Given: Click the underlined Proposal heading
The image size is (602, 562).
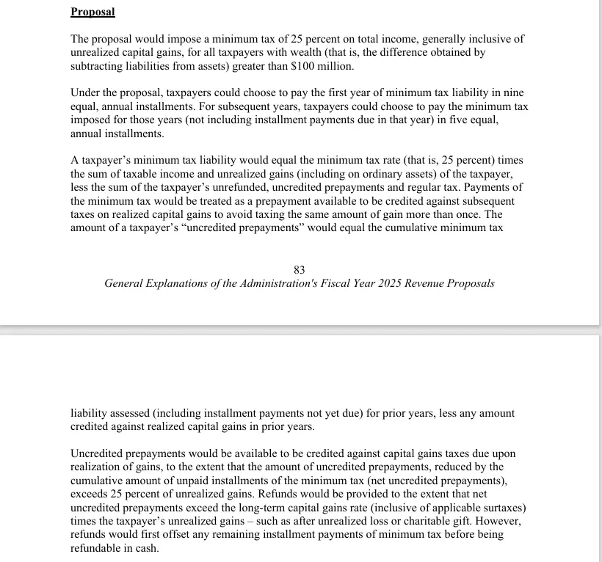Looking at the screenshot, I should pos(93,12).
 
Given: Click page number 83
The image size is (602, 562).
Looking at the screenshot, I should pos(300,270).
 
